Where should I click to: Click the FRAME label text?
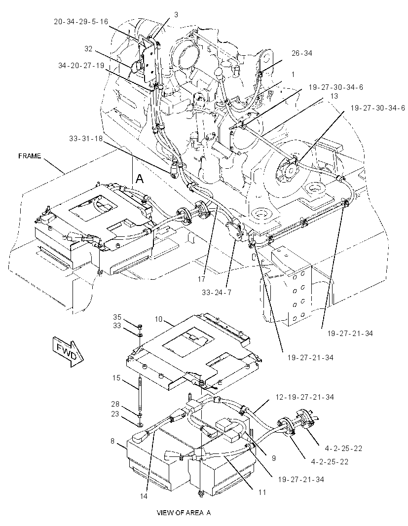point(30,156)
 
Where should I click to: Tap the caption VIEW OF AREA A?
point(184,513)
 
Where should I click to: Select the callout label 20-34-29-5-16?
point(81,22)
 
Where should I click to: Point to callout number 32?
point(88,49)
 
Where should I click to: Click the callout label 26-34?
point(301,53)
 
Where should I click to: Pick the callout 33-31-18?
point(86,138)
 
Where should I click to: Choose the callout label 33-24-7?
point(217,292)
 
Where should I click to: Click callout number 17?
point(201,279)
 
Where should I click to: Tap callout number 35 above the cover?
point(117,317)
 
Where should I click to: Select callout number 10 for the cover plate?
point(158,319)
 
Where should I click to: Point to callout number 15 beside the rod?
point(116,378)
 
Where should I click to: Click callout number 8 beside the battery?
point(112,441)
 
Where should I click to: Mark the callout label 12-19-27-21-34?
point(304,397)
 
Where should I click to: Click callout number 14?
point(143,496)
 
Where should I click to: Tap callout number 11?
point(262,492)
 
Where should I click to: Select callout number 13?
point(334,96)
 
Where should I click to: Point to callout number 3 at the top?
point(176,14)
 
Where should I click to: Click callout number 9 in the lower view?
point(274,458)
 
